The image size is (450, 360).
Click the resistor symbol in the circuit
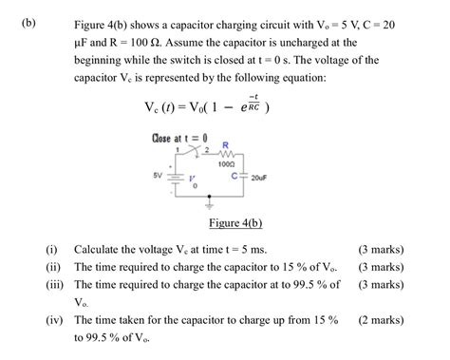(225, 155)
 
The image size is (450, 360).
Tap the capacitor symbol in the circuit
(244, 177)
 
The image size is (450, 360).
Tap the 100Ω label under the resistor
(226, 165)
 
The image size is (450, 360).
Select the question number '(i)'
(53, 249)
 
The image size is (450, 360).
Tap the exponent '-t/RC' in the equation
(253, 102)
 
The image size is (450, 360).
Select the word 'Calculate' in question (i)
(100, 249)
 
